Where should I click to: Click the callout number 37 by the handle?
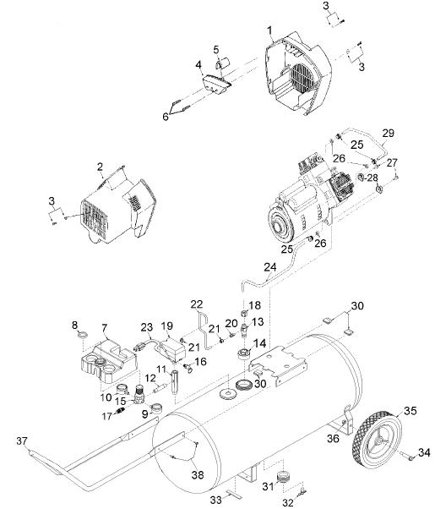[22, 441]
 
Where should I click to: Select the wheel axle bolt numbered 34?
[406, 456]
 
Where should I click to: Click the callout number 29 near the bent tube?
[388, 133]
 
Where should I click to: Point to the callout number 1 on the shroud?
[269, 30]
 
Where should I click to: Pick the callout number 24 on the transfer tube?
[270, 267]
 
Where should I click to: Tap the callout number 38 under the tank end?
[198, 475]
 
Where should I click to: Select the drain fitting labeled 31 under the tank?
[284, 477]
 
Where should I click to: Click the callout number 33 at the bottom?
[215, 501]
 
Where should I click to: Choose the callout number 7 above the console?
[104, 328]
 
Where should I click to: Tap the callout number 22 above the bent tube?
[197, 304]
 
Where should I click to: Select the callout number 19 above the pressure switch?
[167, 326]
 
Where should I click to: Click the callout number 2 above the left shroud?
[100, 167]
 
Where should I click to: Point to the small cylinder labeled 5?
[222, 63]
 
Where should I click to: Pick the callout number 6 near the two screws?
[166, 117]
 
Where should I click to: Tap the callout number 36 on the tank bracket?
[333, 438]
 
